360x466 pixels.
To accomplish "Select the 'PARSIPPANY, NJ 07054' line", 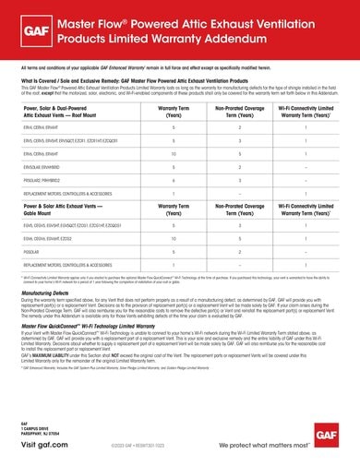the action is (42, 434).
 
